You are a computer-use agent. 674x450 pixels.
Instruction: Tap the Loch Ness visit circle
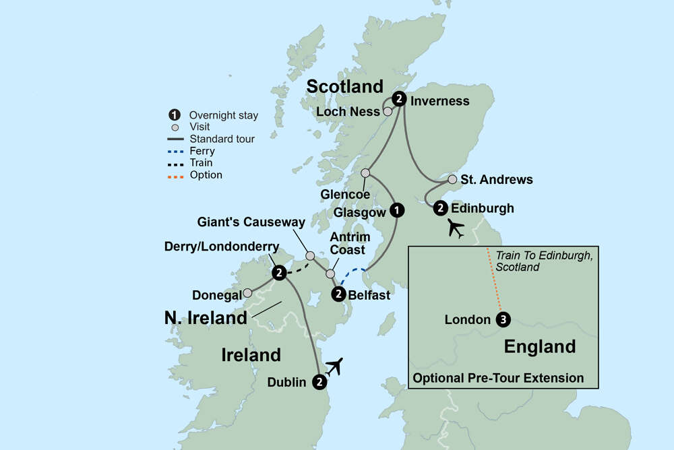(388, 112)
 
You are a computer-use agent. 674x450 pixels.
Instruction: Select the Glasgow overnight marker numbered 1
(398, 210)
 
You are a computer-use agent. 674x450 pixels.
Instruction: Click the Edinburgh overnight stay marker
(440, 207)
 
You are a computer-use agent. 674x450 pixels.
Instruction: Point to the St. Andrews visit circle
(452, 180)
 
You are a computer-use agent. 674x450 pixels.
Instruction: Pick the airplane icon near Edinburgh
(456, 230)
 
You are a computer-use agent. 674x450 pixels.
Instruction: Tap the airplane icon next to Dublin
(334, 367)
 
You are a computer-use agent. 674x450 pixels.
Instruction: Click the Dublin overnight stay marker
(319, 382)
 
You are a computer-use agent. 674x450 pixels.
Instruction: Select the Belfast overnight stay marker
(339, 294)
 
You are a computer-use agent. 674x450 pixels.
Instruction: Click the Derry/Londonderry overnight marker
(278, 273)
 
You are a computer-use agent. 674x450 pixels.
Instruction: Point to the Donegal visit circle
(247, 293)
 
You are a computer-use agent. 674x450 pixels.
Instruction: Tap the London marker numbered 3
(501, 319)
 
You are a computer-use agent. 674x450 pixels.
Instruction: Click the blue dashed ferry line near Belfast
(353, 276)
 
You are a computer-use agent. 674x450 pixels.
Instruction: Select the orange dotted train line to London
(494, 283)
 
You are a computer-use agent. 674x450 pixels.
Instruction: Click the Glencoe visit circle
(366, 173)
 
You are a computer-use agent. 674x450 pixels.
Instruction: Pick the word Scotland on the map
(344, 86)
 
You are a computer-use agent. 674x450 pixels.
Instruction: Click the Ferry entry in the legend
(202, 151)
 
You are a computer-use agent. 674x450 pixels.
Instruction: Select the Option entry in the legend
(206, 175)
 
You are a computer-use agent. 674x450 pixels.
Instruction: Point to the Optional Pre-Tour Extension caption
(498, 378)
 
